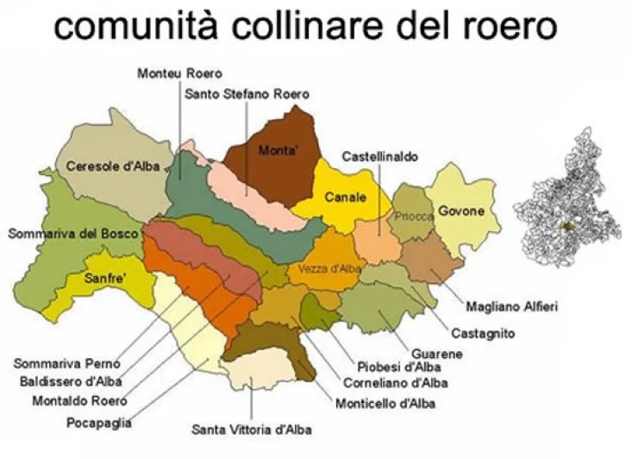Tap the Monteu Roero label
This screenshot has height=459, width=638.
click(179, 74)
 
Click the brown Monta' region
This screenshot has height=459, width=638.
click(278, 151)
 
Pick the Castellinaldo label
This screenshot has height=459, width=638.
click(380, 157)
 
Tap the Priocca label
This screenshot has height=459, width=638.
click(414, 217)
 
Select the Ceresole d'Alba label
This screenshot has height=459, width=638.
click(113, 167)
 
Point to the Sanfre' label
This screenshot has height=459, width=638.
click(106, 278)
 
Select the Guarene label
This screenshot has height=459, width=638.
click(436, 354)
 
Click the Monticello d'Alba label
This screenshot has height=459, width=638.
click(387, 403)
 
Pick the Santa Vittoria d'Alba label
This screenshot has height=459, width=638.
click(252, 430)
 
